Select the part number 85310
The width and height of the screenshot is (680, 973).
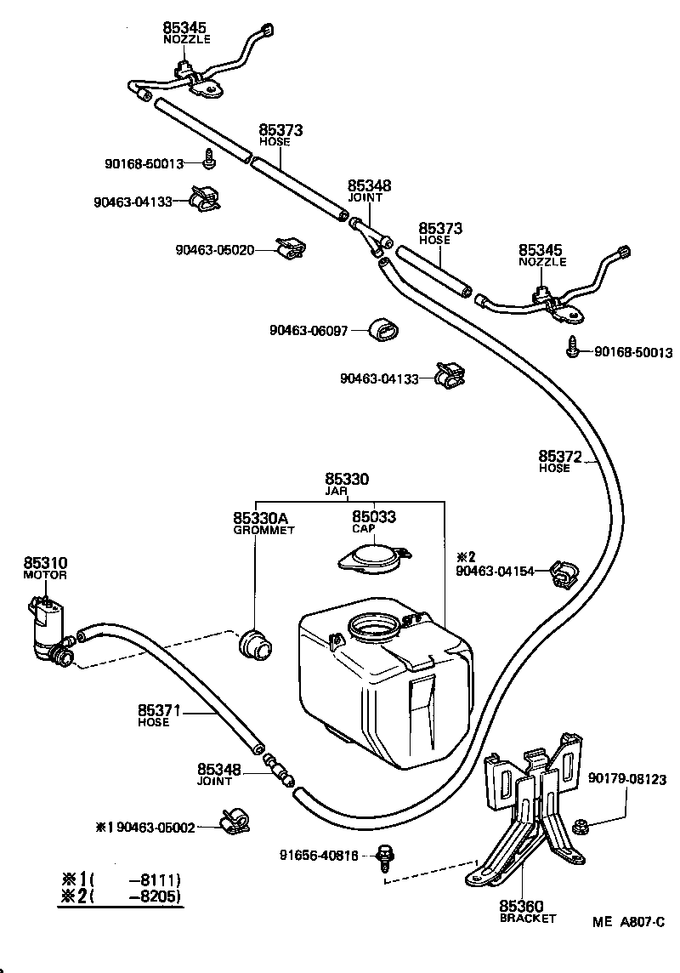(x=45, y=563)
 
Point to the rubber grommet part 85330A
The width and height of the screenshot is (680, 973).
(x=252, y=643)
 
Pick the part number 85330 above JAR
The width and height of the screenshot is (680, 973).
(x=347, y=480)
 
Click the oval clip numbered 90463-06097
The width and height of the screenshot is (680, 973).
(x=385, y=330)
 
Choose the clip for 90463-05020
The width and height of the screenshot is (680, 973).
(x=292, y=248)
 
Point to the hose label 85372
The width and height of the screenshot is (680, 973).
(x=558, y=457)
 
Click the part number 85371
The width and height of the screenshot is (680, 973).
(x=158, y=710)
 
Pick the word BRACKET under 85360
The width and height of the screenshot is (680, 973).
(x=527, y=919)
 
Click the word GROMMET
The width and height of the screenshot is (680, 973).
(x=263, y=530)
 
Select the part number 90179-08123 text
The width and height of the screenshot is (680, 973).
(x=626, y=778)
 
